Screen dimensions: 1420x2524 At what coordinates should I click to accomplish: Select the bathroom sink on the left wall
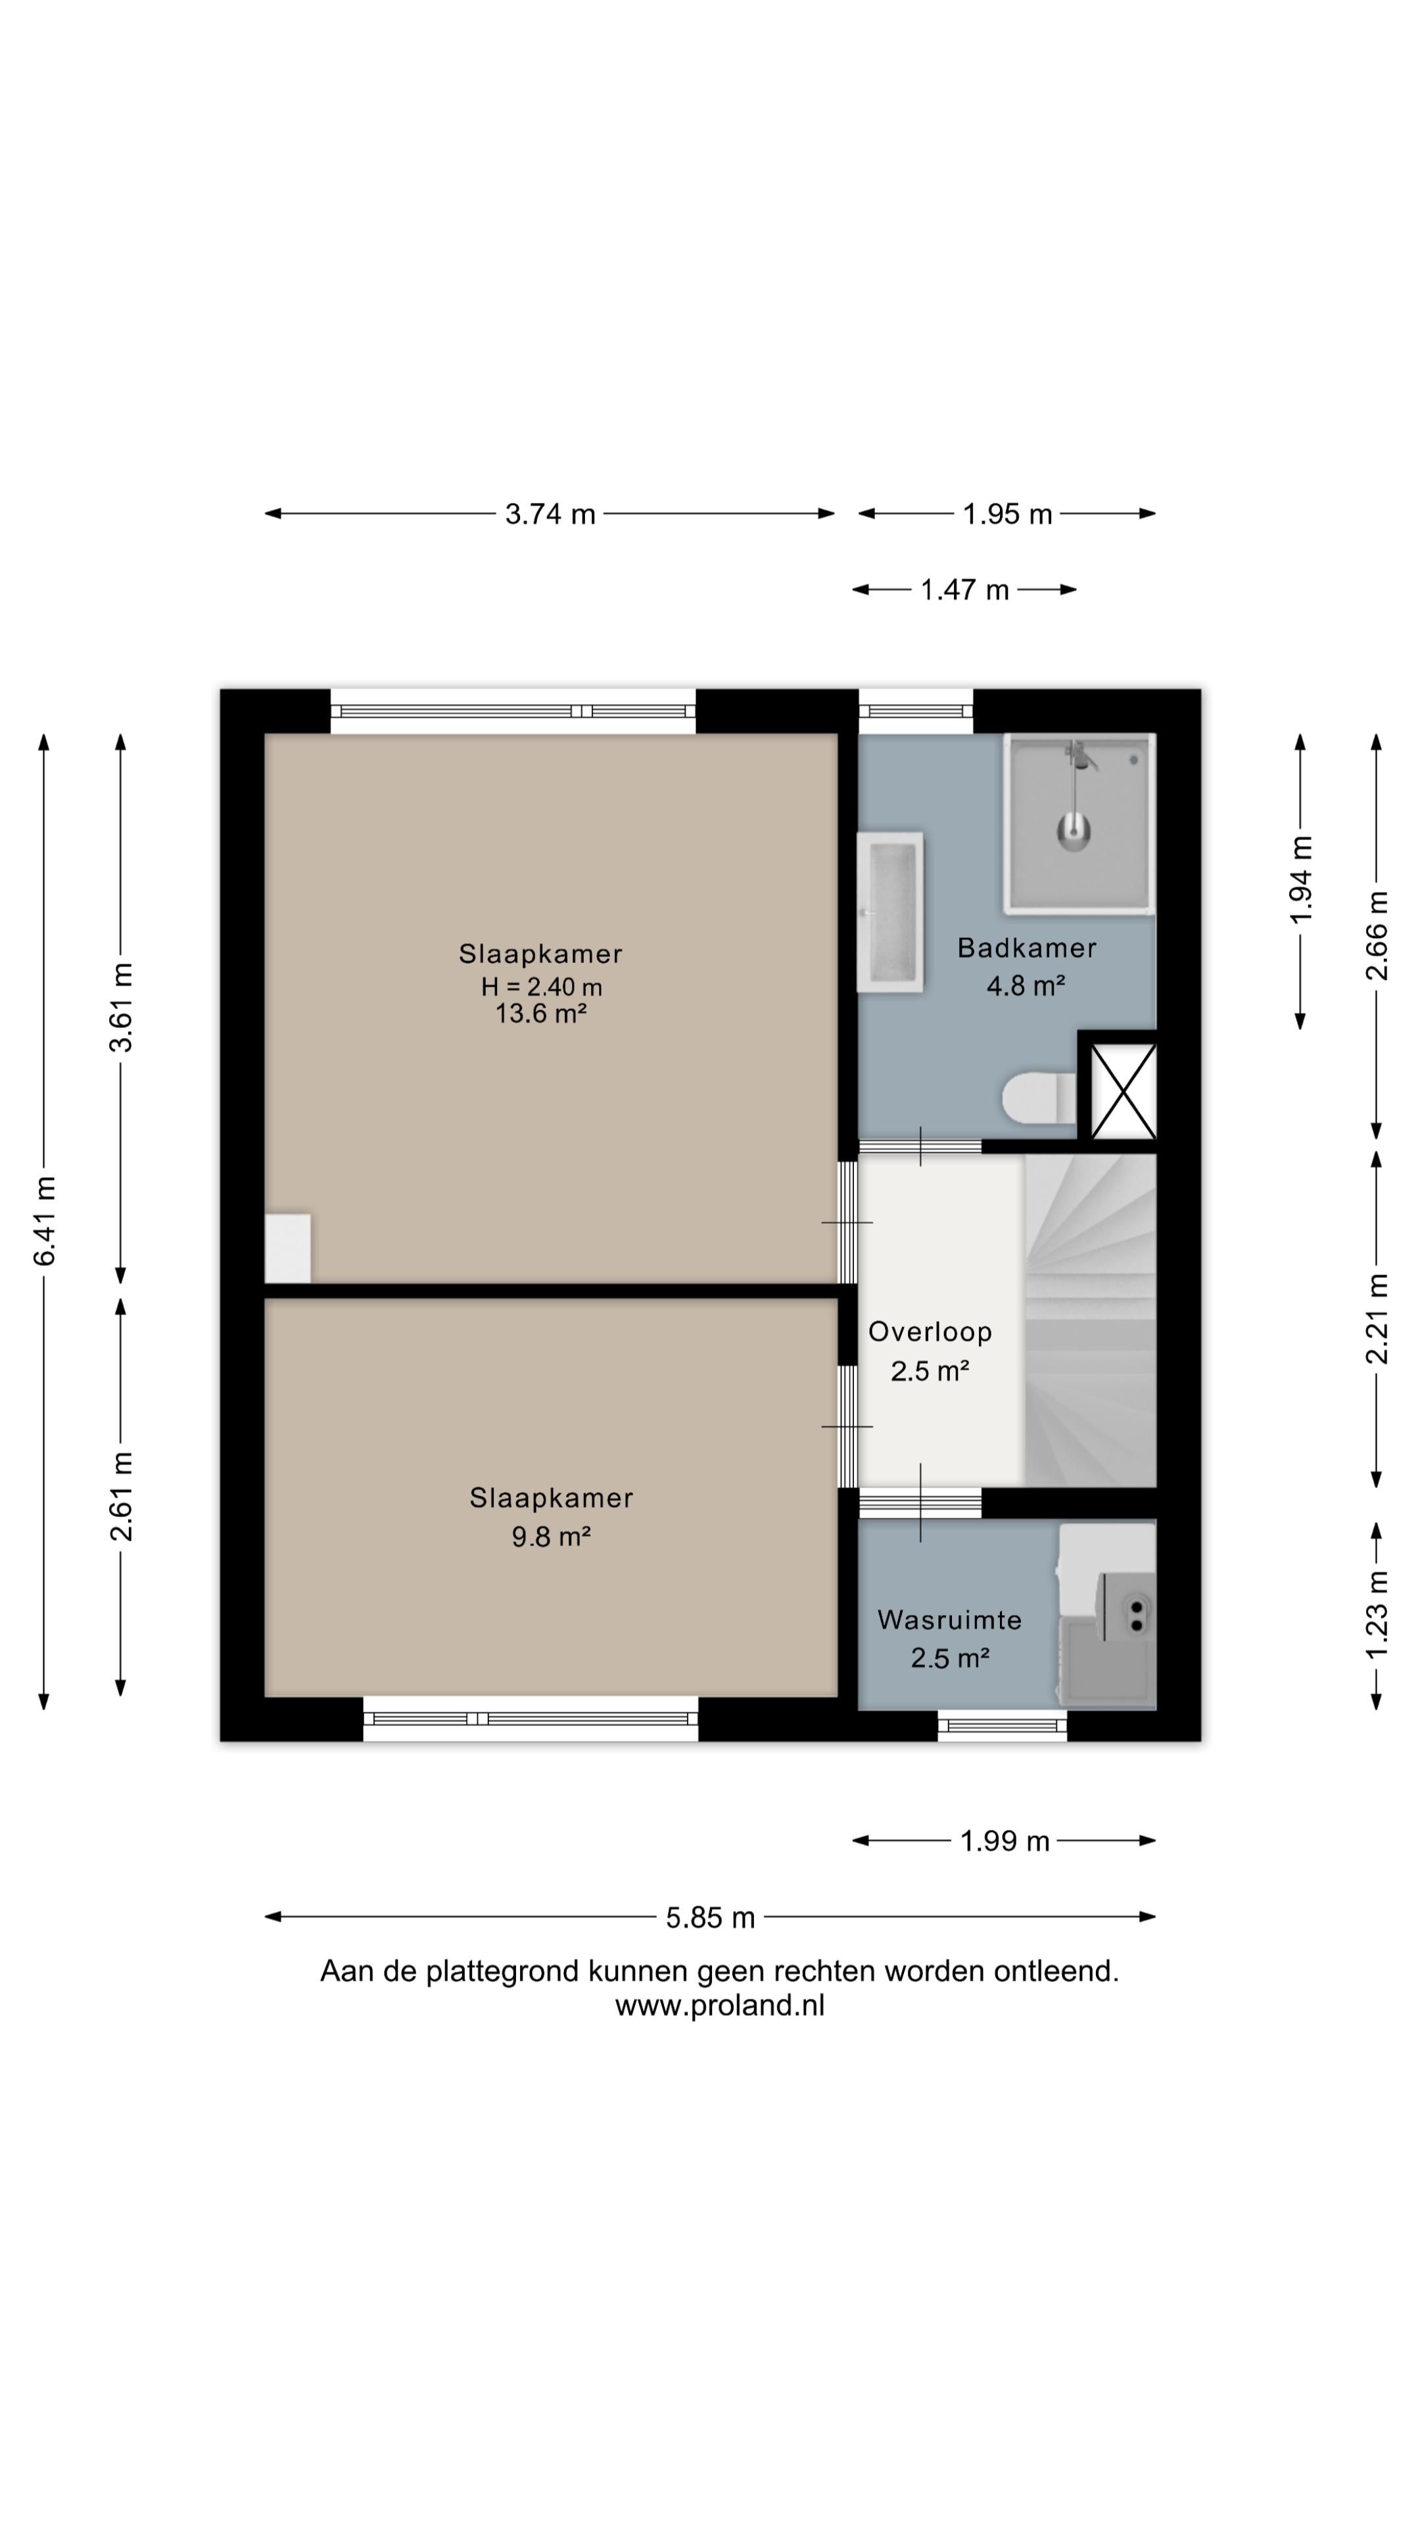(x=890, y=911)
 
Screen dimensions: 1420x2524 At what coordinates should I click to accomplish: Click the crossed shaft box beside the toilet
(x=1123, y=1090)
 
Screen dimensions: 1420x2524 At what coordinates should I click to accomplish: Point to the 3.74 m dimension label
(x=550, y=513)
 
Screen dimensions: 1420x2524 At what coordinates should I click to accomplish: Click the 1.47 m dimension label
(x=964, y=590)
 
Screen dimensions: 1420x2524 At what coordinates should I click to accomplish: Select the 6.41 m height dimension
(x=44, y=1220)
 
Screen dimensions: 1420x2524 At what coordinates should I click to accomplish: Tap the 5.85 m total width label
(x=711, y=1917)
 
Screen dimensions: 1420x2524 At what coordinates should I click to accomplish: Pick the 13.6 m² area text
(x=541, y=1013)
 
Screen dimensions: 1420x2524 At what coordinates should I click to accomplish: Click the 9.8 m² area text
(x=551, y=1535)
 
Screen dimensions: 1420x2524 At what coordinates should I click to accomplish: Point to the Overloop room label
(x=930, y=1332)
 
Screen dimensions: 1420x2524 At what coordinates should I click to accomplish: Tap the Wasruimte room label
(x=949, y=1620)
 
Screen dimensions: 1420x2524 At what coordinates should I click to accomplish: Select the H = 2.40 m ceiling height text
(x=541, y=986)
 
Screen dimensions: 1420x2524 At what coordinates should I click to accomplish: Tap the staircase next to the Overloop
(x=1090, y=1320)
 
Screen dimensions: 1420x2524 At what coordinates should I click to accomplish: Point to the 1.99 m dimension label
(x=1005, y=1841)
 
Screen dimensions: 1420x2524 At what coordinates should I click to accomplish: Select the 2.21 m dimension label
(x=1377, y=1318)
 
